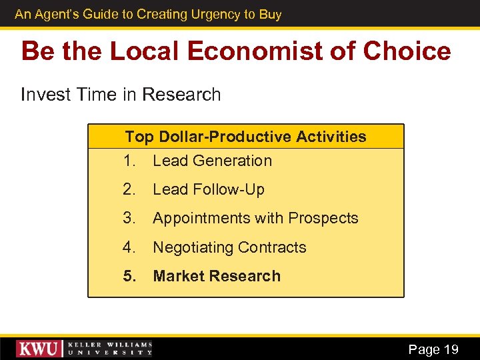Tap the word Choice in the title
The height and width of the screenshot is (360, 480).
408,51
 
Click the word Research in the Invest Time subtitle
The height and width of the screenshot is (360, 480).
181,95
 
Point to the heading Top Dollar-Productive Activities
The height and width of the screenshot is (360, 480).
245,137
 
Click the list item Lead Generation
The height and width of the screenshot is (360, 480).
212,161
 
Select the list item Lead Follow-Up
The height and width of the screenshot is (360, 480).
208,189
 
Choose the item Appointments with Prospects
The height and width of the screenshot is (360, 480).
255,218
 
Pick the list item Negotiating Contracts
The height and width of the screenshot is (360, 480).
229,247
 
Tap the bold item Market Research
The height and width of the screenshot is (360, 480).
217,276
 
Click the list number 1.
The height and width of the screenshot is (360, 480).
129,161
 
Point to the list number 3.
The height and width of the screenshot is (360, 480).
129,218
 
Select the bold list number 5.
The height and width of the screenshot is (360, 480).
129,276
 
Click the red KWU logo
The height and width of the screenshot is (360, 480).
39,349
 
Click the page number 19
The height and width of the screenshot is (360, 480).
451,349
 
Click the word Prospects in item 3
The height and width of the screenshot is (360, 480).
326,218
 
